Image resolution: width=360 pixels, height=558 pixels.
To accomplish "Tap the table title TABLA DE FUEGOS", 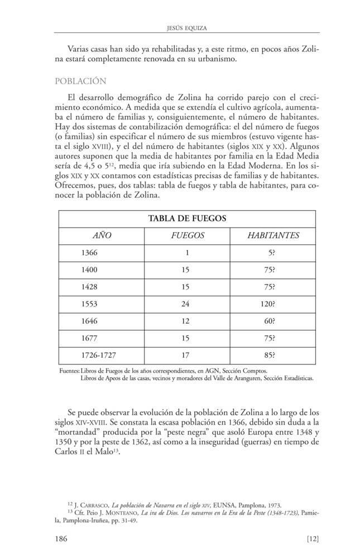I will [187, 218].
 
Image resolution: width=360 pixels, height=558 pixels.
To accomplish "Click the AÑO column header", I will [102, 235].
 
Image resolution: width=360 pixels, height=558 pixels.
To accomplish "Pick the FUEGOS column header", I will [187, 235].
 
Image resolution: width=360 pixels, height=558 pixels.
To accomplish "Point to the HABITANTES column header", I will [273, 235].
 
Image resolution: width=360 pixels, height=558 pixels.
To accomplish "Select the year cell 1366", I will [89, 253].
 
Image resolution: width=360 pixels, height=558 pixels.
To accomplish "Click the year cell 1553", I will [89, 304].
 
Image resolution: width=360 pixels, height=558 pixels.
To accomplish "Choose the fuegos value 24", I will [185, 304].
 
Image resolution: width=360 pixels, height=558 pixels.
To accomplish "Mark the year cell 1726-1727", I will [99, 354].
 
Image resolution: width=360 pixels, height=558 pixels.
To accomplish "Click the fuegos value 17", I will [185, 354].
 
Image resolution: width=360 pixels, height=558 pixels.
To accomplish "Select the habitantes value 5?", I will [271, 253].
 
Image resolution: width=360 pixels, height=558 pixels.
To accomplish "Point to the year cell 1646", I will [89, 321].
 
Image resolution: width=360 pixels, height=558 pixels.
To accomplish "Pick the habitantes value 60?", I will [268, 321].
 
